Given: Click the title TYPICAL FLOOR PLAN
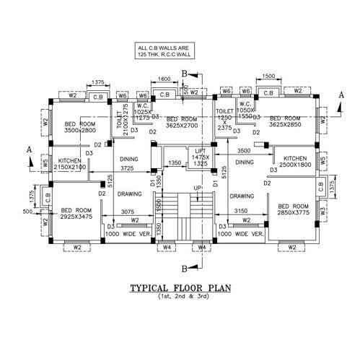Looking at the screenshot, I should click(180, 288).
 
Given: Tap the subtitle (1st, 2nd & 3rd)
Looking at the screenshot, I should click(180, 297).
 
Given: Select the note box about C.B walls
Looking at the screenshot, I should click(164, 51).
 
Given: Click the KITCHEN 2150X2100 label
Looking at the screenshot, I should click(70, 163).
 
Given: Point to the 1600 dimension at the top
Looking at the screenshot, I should click(164, 79).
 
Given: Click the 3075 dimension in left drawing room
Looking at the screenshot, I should click(126, 212).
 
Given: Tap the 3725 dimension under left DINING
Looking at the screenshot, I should click(127, 168).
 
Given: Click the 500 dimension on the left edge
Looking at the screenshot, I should click(28, 212).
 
